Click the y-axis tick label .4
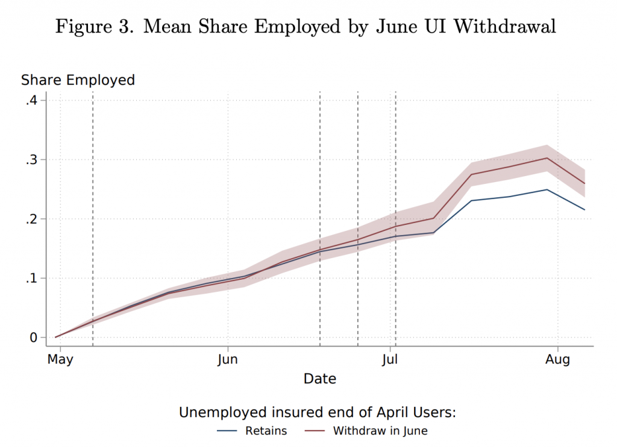pos(31,101)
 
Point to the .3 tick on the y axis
pos(31,160)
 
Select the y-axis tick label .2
pos(31,219)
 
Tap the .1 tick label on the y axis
pos(31,279)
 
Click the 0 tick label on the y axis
pos(34,338)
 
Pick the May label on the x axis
pos(60,360)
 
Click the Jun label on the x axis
pos(227,360)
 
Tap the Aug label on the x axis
pos(557,360)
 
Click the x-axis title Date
pos(319,379)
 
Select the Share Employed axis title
pos(78,80)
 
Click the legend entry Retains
pos(266,431)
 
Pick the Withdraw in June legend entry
pos(380,431)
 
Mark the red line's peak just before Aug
pos(547,158)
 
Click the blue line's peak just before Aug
pos(547,189)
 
